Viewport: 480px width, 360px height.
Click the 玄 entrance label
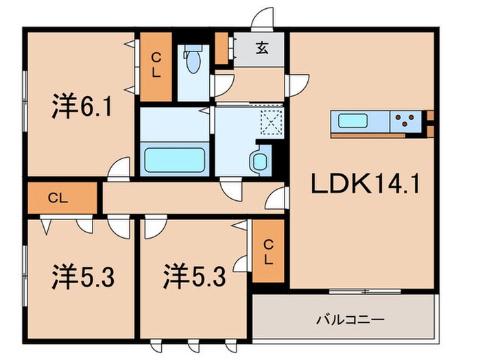click(263, 49)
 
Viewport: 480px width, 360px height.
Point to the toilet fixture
click(193, 61)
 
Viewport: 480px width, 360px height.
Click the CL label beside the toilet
click(156, 65)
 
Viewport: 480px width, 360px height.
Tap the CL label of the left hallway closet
click(58, 199)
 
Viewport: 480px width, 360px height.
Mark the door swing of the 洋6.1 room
click(119, 168)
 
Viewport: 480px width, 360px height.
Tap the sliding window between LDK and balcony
click(363, 291)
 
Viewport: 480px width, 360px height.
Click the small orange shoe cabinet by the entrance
click(221, 48)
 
